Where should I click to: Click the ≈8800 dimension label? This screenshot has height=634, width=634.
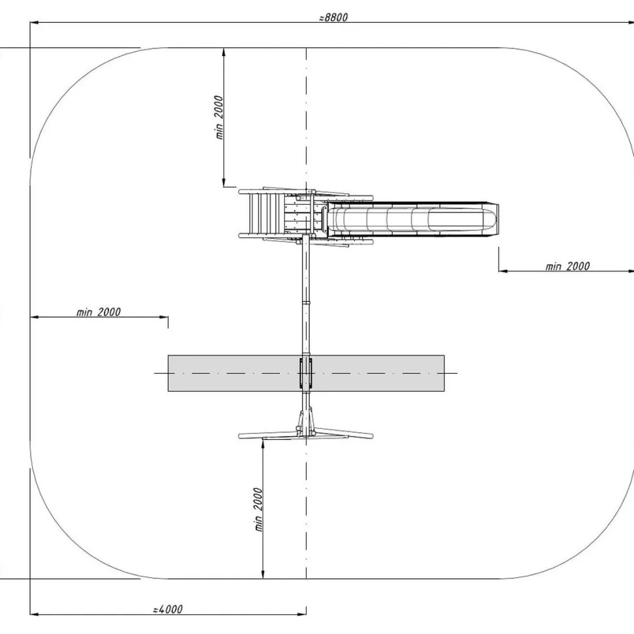tap(333, 18)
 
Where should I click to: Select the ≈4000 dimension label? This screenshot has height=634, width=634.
tap(168, 609)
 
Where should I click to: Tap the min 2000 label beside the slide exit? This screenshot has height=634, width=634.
tap(568, 266)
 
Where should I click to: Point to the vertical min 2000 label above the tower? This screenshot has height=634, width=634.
tap(219, 117)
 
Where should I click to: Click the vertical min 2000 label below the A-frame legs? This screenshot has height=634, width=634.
tap(258, 509)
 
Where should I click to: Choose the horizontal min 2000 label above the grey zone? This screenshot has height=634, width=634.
tap(99, 312)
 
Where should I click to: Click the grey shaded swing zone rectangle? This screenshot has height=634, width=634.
tap(306, 373)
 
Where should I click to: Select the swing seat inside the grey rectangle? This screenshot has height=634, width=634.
tap(306, 373)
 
